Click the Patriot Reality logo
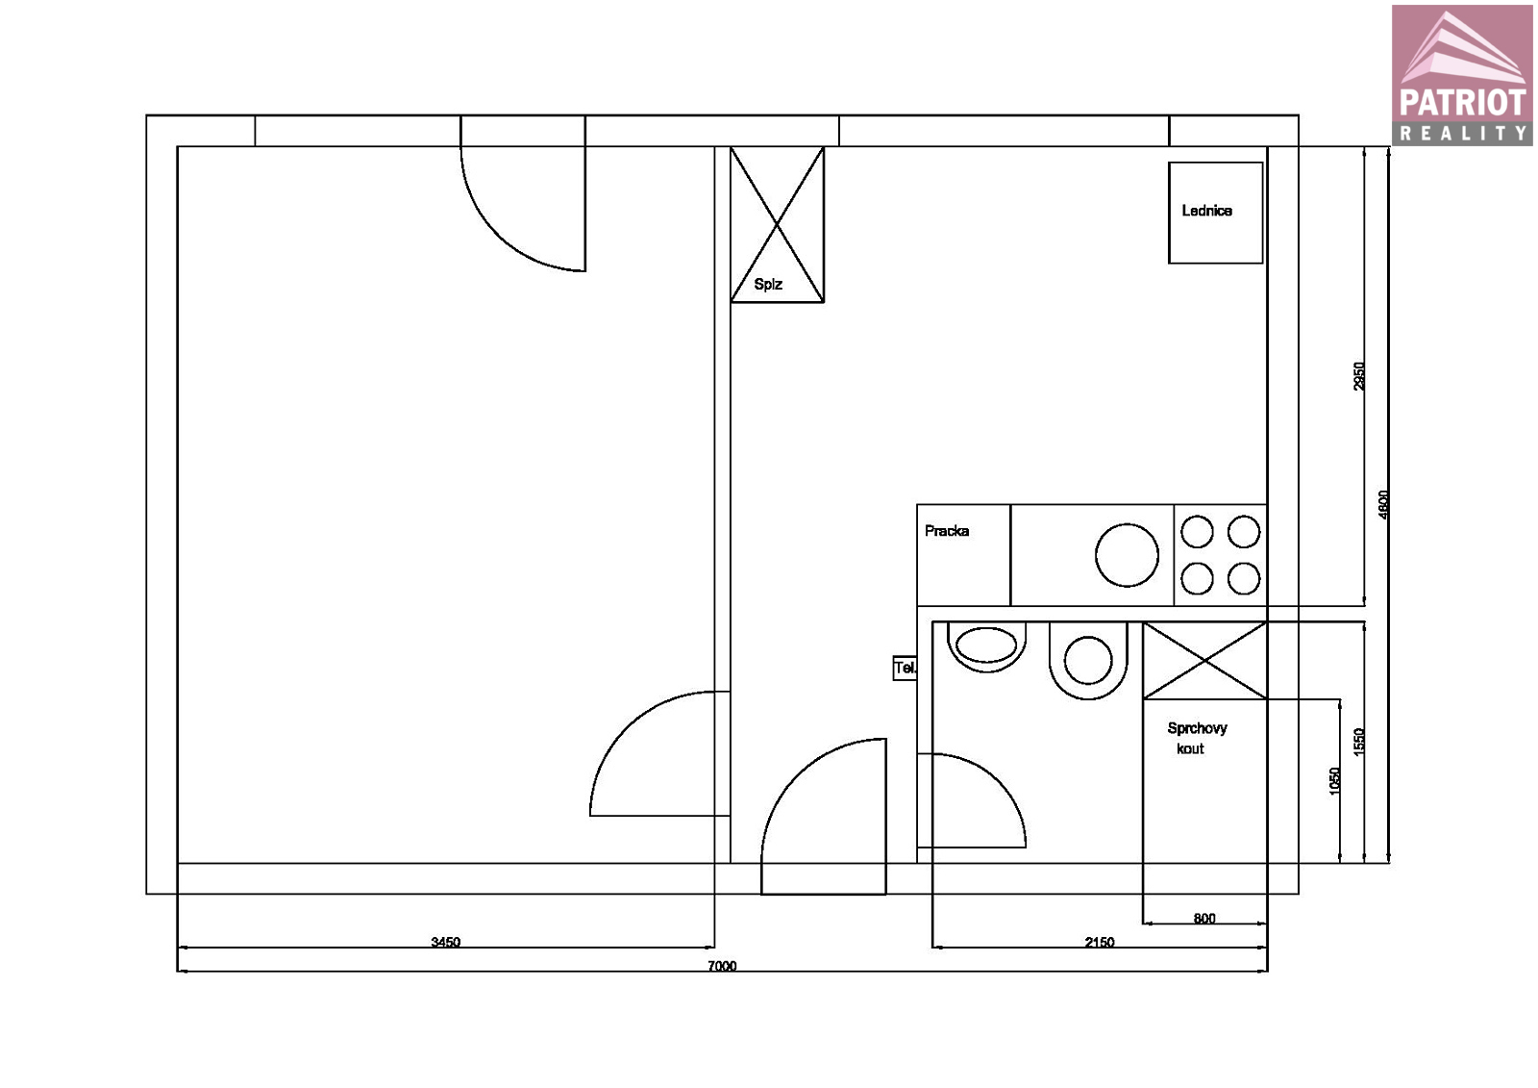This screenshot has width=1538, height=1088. (1462, 75)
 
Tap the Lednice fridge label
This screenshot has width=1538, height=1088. (1206, 211)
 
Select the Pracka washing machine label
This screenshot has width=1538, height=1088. (947, 531)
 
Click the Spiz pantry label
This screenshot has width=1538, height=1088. (768, 285)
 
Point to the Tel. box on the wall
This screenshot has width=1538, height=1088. (905, 668)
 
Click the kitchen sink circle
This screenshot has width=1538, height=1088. (1127, 555)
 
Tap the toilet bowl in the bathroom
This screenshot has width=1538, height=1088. (986, 646)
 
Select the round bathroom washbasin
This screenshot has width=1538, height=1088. (1088, 661)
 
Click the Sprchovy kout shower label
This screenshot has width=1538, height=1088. (1197, 738)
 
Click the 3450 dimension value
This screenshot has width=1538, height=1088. (446, 942)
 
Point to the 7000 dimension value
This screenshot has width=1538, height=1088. (722, 966)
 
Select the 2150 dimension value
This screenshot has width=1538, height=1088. (1100, 942)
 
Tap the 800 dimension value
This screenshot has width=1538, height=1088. (1204, 919)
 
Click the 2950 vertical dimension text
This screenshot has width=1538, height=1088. (1359, 376)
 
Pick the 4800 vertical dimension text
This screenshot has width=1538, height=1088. (1383, 504)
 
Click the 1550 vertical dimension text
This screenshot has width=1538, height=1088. (1359, 743)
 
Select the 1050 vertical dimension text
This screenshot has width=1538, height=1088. (1334, 781)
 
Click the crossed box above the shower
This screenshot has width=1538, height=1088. (1204, 661)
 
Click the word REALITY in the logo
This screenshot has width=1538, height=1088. (1462, 133)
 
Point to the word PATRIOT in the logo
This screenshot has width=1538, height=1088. (1462, 103)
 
